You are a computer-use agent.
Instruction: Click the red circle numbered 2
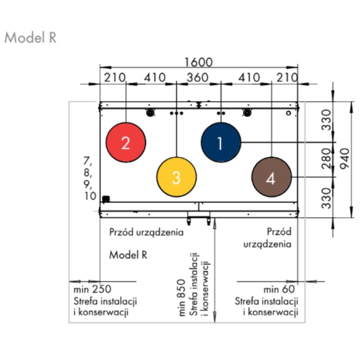[x=126, y=143]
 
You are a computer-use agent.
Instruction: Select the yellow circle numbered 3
[x=176, y=177]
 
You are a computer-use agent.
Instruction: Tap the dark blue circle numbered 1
[x=221, y=143]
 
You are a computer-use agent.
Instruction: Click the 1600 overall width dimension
[x=199, y=62]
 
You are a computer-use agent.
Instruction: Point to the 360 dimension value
[x=197, y=78]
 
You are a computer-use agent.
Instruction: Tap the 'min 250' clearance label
[x=92, y=289]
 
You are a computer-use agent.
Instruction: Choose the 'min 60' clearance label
[x=279, y=289]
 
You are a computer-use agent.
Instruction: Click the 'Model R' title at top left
[x=30, y=38]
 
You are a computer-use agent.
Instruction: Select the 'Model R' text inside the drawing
[x=128, y=255]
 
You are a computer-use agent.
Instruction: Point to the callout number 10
[x=90, y=196]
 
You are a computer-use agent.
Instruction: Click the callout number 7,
[x=88, y=162]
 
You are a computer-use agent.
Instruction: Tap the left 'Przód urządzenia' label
[x=146, y=232]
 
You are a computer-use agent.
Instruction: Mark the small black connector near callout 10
[x=106, y=199]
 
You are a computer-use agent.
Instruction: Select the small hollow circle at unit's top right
[x=289, y=113]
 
